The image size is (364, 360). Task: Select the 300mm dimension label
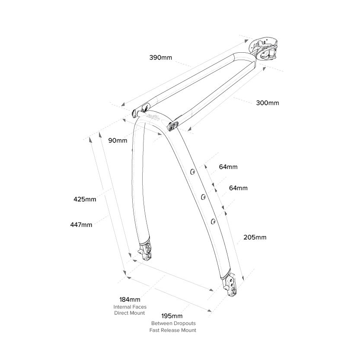click(268, 103)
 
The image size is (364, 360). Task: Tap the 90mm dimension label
click(118, 140)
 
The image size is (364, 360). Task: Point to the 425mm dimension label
click(85, 199)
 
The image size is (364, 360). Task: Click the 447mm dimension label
click(81, 224)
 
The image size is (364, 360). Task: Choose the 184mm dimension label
click(130, 299)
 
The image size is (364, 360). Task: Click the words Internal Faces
click(130, 306)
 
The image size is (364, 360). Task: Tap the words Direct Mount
click(130, 312)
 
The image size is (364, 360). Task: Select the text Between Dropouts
click(173, 323)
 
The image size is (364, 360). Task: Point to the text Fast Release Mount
click(173, 330)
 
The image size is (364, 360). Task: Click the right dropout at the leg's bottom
click(230, 286)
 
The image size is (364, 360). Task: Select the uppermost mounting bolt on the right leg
click(192, 172)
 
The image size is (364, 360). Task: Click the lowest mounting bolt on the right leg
click(213, 221)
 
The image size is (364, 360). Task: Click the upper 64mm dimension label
click(228, 167)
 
